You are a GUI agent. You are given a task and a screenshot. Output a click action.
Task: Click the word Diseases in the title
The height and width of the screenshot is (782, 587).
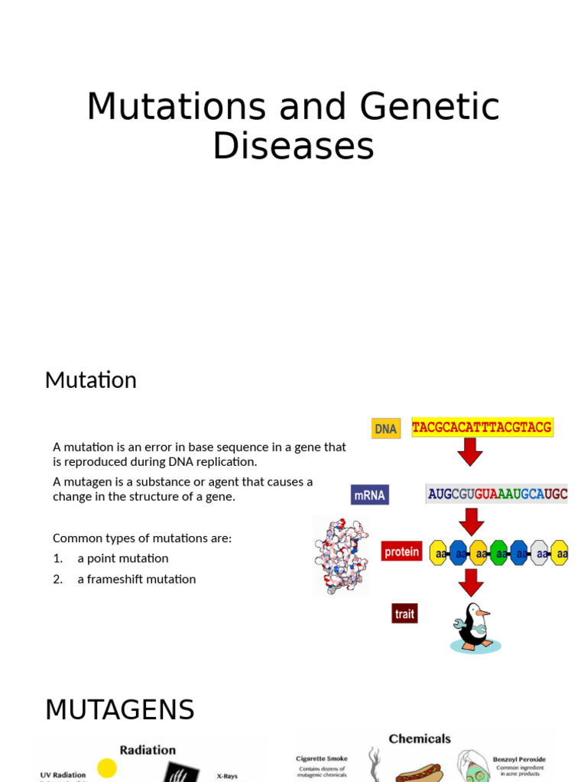click(x=293, y=146)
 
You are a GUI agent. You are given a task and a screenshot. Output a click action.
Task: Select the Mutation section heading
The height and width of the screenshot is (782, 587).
click(x=90, y=380)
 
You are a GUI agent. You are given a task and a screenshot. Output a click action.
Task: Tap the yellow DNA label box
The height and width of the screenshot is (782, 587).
click(x=386, y=428)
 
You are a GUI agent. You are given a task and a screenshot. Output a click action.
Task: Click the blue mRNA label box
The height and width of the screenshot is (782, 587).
click(x=370, y=495)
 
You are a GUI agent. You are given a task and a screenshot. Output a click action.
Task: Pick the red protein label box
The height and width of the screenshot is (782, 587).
click(x=401, y=551)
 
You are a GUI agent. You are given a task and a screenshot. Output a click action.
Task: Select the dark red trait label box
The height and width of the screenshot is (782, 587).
click(x=404, y=613)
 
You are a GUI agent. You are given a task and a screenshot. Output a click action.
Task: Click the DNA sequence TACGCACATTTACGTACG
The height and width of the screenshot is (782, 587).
click(x=482, y=427)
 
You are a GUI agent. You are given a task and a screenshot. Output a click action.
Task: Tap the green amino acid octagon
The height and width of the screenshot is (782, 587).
click(x=499, y=553)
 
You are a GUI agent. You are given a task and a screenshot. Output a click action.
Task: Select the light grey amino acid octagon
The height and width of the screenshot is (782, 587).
click(x=540, y=553)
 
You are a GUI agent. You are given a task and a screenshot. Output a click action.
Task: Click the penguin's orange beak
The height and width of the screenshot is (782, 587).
click(x=483, y=612)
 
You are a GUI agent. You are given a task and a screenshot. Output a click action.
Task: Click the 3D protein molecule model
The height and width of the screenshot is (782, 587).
click(x=340, y=555)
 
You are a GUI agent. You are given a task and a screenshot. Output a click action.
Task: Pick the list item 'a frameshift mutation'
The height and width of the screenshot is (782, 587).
click(x=136, y=579)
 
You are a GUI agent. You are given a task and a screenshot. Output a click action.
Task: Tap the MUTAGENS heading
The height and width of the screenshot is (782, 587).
click(x=120, y=710)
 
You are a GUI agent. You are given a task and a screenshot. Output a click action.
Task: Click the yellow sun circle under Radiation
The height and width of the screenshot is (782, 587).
click(x=107, y=767)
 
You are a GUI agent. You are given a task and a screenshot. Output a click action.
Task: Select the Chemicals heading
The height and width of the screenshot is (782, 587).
click(x=420, y=738)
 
